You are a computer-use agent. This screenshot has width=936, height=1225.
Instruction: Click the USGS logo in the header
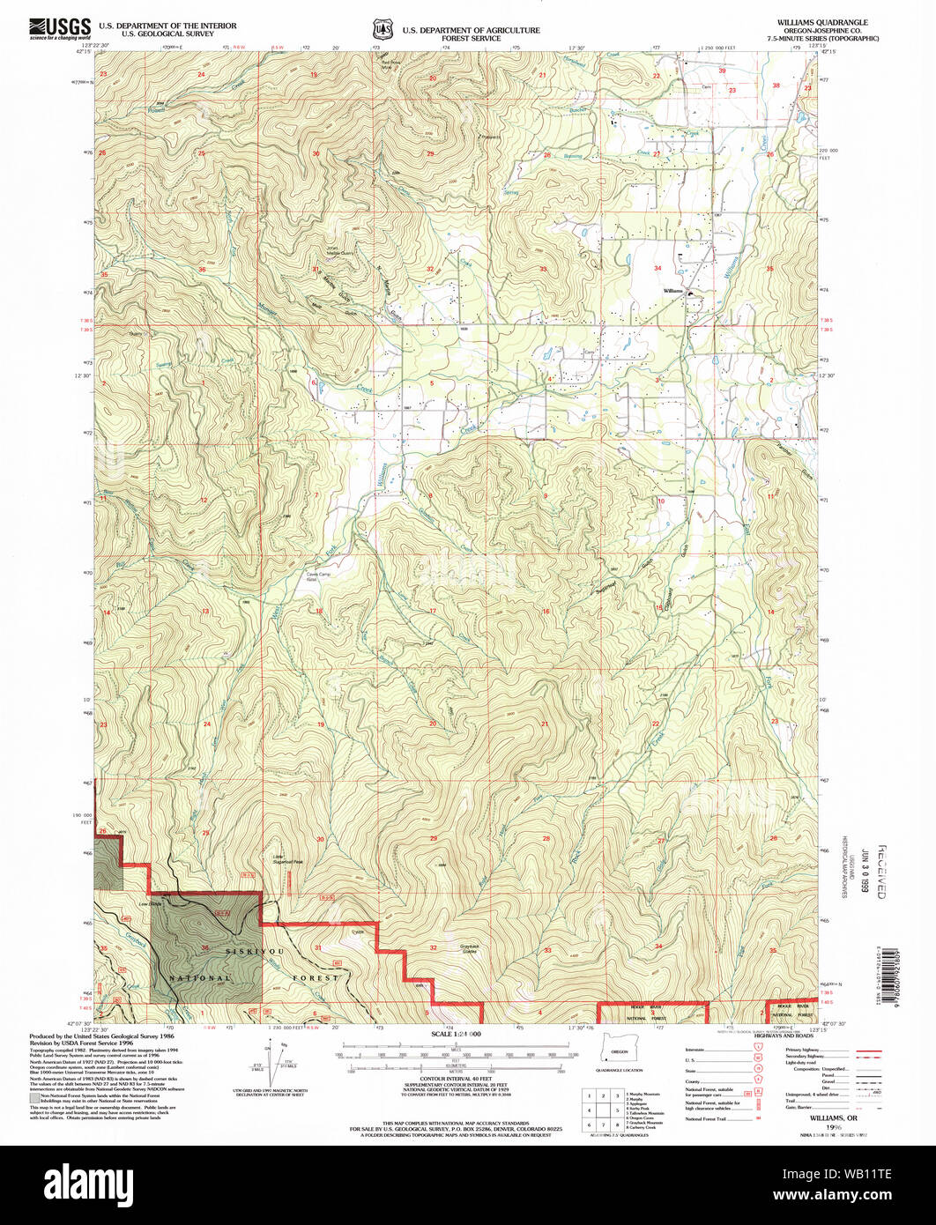59,30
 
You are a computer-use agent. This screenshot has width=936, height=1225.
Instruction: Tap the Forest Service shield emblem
383,29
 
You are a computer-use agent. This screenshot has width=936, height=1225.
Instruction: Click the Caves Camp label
317,577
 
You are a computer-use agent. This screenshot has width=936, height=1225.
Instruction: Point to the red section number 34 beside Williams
657,268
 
